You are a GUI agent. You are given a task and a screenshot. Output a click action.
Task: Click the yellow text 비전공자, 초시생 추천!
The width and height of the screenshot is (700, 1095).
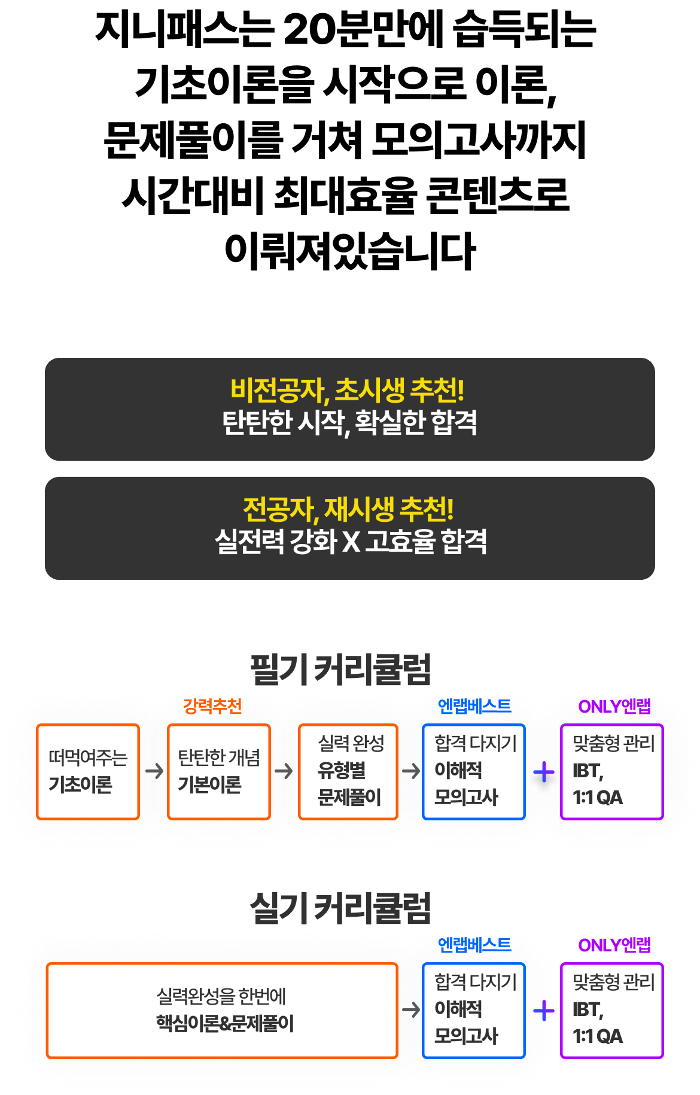click(348, 390)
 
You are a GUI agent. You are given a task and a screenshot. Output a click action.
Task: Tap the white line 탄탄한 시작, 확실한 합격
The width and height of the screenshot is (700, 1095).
click(349, 422)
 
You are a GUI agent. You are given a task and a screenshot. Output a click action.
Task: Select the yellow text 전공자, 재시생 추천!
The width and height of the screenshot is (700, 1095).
click(348, 509)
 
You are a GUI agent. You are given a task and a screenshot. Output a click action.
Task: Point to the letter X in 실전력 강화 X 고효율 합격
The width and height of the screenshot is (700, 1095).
click(351, 542)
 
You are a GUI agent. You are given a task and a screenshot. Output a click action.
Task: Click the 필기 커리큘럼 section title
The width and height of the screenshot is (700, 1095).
click(340, 670)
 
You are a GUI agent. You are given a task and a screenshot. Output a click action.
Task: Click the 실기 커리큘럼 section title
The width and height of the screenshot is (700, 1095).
click(340, 908)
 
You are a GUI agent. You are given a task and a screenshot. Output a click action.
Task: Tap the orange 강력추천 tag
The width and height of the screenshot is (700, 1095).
click(212, 706)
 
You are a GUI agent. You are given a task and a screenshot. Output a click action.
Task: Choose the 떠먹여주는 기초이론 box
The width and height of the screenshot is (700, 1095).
click(88, 771)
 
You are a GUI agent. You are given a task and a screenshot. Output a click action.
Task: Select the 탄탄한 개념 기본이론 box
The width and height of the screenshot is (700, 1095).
click(219, 771)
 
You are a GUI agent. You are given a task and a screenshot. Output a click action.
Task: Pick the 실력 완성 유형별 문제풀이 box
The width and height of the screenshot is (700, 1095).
click(348, 771)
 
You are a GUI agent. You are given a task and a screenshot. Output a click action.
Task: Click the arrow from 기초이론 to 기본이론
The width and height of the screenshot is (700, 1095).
click(154, 771)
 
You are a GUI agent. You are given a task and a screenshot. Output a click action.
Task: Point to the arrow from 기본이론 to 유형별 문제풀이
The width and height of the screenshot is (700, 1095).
click(284, 771)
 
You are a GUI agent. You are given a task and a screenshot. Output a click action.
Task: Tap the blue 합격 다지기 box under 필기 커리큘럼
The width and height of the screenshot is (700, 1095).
click(474, 771)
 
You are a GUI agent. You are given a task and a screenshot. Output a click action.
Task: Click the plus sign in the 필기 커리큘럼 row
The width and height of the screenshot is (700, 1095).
click(544, 772)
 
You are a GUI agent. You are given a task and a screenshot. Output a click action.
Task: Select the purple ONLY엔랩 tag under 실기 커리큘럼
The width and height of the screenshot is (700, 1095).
click(614, 945)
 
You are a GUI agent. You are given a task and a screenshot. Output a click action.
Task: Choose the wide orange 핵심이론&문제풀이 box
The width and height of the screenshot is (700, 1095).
click(222, 1010)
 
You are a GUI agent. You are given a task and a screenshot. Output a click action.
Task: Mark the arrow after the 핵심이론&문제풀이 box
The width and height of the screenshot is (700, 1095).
click(410, 1010)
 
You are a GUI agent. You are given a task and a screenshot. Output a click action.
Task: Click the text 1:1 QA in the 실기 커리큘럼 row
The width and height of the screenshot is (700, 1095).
click(598, 1036)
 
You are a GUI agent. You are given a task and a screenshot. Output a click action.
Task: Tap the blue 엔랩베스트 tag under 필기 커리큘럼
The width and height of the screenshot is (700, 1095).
click(474, 706)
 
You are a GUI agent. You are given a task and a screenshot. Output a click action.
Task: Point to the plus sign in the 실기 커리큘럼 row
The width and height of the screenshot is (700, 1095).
click(544, 1011)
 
